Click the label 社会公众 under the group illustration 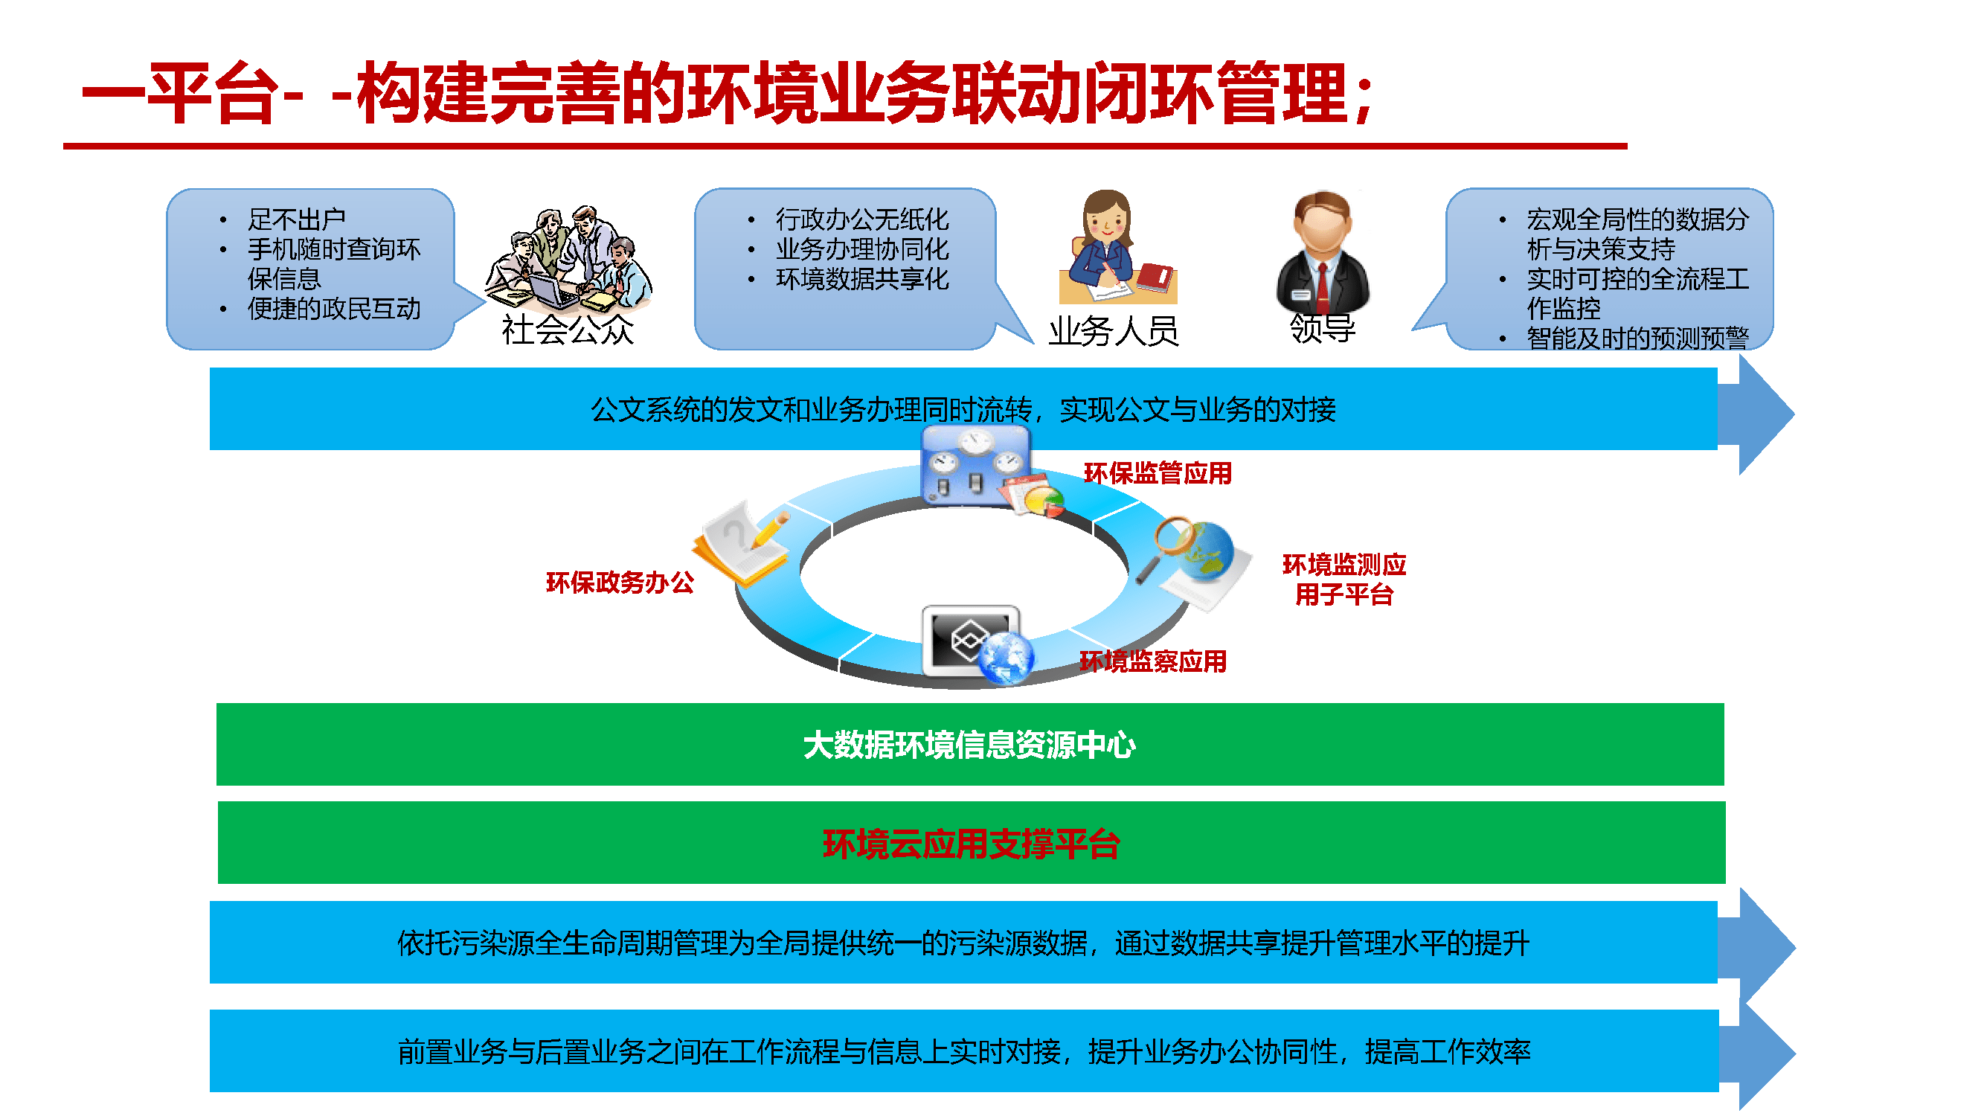(x=568, y=330)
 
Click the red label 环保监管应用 (x=1157, y=473)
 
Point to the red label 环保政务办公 (x=619, y=583)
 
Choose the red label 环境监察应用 (x=1152, y=661)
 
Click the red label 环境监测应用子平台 (x=1344, y=579)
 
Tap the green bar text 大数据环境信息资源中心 (x=969, y=745)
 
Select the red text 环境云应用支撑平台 (x=971, y=844)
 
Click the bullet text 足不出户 (x=297, y=219)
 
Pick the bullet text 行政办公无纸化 (x=862, y=219)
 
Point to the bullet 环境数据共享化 (x=862, y=279)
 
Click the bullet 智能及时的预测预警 (x=1637, y=337)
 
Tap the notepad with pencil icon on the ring (x=741, y=544)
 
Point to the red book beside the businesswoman (x=1155, y=278)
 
